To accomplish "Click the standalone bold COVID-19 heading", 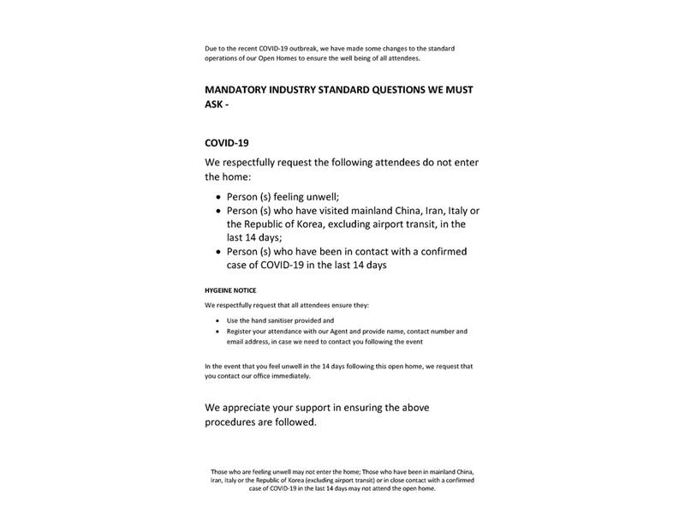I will pos(226,142).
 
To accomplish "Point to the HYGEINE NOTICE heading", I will pos(230,290).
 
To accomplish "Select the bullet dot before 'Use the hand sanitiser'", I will pos(217,320).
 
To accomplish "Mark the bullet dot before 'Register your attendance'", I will pos(217,331).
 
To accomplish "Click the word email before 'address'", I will pos(235,341).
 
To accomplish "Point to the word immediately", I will pos(292,376).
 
